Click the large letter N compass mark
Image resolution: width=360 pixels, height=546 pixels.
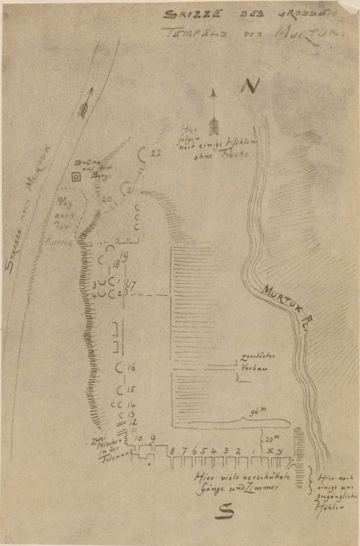coord(249,86)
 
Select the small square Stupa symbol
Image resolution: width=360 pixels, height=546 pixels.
coord(76,177)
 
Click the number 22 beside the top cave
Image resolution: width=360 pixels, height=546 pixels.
coord(156,152)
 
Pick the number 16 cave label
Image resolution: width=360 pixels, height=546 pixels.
coord(131,368)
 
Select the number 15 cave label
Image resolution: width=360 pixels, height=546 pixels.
coord(131,390)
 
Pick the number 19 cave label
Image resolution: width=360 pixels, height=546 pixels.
coord(124,256)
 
